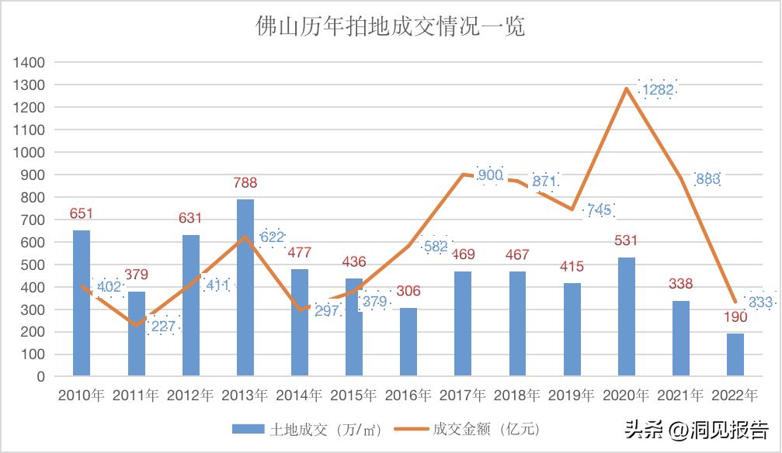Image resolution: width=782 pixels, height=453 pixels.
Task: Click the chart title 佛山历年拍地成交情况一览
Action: coord(391,27)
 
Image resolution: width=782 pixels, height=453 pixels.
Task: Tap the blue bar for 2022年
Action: coord(735,355)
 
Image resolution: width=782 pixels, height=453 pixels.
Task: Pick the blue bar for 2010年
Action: coord(82,303)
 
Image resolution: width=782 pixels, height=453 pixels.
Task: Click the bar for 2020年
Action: coord(626,316)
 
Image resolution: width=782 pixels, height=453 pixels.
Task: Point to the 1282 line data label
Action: coord(658,90)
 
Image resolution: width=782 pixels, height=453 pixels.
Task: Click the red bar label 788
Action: coord(245,183)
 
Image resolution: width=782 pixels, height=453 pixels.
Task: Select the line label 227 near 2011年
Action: coord(162,327)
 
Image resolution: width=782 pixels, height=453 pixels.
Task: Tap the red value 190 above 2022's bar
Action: coord(735,317)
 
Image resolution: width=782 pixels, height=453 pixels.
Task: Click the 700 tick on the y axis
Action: coord(33,220)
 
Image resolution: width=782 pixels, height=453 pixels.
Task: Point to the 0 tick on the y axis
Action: coord(40,377)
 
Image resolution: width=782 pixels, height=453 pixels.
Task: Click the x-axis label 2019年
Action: coord(572,396)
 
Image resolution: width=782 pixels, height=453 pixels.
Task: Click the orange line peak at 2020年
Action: coord(626,88)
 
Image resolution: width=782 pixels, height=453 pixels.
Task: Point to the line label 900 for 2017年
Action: coord(491,175)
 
